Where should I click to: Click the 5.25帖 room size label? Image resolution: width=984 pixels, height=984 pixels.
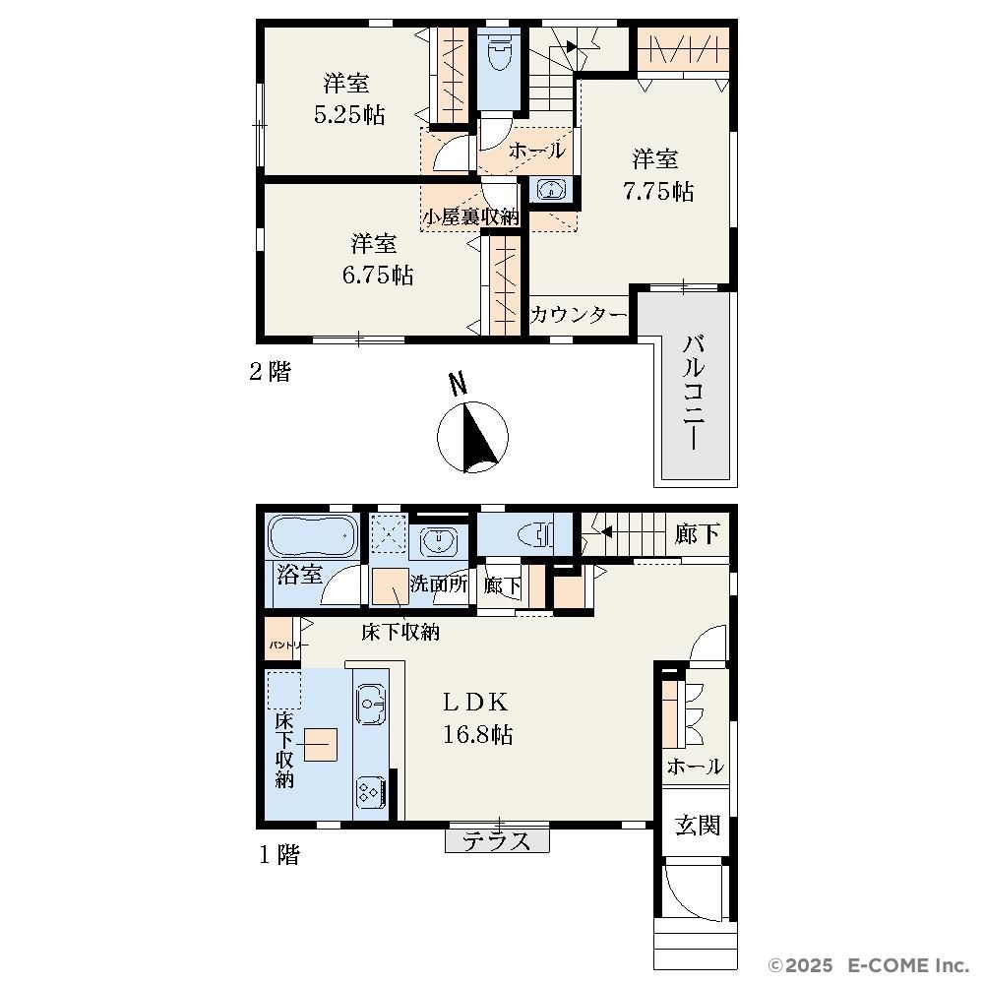click(x=349, y=115)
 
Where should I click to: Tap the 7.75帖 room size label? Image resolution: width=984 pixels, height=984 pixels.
click(x=657, y=191)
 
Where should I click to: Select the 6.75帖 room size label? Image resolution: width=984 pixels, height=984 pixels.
click(x=377, y=275)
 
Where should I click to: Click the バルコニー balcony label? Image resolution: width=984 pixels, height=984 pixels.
click(x=694, y=393)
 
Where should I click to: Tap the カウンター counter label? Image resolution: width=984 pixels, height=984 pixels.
click(x=579, y=315)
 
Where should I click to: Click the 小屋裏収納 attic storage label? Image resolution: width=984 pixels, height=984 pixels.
click(x=470, y=217)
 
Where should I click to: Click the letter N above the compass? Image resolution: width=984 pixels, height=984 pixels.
click(x=460, y=384)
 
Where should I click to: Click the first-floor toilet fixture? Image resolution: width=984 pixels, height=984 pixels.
click(x=535, y=535)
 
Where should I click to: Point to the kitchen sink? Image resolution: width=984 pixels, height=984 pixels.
click(x=372, y=705)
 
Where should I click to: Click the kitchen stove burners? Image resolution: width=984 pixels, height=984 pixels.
click(x=370, y=792)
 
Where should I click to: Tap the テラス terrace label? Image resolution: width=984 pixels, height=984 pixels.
click(x=496, y=841)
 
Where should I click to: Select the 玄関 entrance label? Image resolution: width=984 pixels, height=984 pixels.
click(x=698, y=826)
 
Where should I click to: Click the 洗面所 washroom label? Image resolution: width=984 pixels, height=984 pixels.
click(x=439, y=584)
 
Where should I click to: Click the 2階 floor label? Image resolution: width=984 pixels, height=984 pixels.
click(x=271, y=372)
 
